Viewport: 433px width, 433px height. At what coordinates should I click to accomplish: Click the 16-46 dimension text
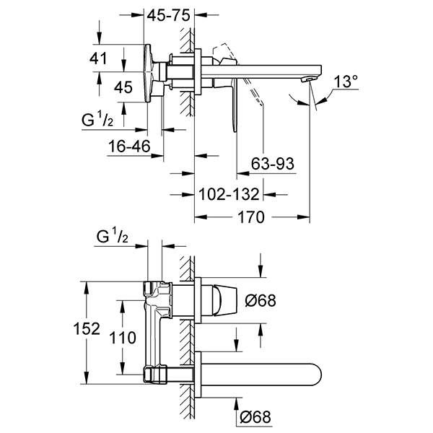131,146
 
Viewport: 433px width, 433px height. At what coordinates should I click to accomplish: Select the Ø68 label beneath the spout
256,416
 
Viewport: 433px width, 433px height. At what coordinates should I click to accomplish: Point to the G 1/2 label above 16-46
97,119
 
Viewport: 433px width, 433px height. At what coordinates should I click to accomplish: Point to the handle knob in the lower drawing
224,299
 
